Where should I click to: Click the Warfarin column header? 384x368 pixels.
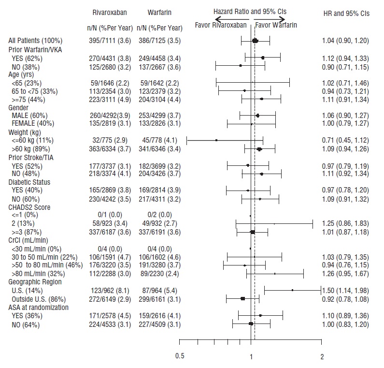click(160, 12)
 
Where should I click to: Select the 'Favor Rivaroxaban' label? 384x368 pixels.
click(221, 25)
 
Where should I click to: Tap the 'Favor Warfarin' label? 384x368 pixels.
click(276, 25)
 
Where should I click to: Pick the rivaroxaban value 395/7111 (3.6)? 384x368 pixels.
click(113, 41)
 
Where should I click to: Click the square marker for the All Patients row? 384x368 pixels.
click(255, 41)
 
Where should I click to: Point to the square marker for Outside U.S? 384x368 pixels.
click(243, 299)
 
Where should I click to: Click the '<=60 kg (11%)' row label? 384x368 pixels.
click(33, 140)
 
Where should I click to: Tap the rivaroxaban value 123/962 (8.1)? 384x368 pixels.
click(113, 291)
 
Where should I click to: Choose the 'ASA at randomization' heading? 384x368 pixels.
click(39, 308)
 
